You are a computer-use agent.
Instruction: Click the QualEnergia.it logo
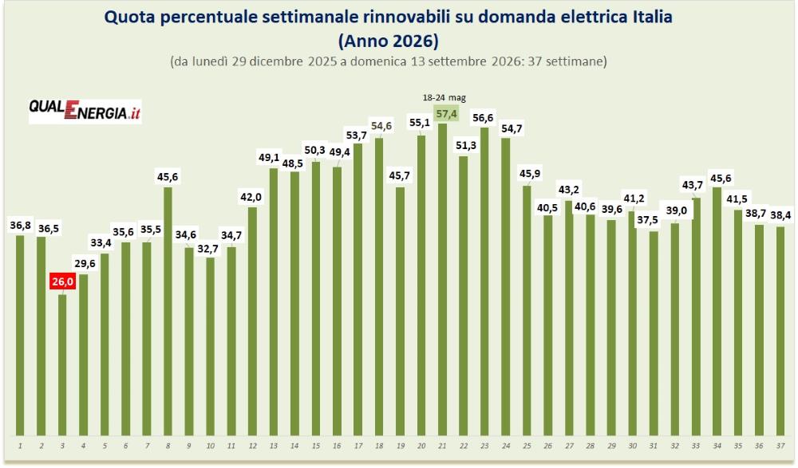pos(85,110)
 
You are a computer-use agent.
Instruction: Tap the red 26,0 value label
pos(62,281)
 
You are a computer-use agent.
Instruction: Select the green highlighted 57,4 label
pos(446,113)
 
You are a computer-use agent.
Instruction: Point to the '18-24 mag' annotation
pos(444,98)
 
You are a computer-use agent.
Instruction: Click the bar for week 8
pos(168,311)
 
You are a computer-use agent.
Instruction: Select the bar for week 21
pos(442,279)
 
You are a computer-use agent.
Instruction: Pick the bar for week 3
pos(62,364)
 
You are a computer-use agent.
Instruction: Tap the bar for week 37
pos(780,331)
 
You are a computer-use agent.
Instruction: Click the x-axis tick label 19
pos(401,446)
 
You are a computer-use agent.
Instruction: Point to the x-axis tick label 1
pos(20,446)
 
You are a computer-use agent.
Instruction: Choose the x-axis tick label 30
pos(633,446)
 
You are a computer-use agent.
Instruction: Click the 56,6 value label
pos(483,118)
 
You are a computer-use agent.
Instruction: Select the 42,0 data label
pos(251,198)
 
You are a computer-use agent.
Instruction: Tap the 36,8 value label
pos(21,225)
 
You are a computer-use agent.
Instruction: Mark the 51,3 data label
pos(466,145)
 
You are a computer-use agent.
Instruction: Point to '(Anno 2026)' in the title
pos(389,40)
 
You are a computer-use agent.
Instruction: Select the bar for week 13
pos(273,301)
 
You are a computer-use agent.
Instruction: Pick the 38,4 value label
pos(780,215)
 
